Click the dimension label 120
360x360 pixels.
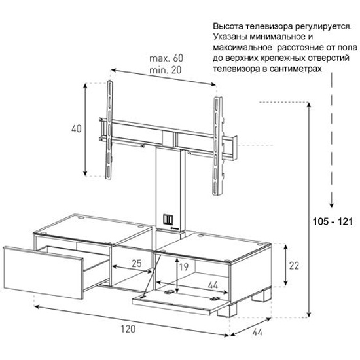(x=128, y=329)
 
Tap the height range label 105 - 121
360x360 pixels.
(x=333, y=221)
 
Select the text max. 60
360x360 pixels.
(x=166, y=58)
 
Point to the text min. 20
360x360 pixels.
(x=166, y=70)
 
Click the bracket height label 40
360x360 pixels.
(x=77, y=128)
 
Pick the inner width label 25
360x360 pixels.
(x=137, y=263)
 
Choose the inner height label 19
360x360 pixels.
(x=184, y=267)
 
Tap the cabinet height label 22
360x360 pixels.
(x=294, y=266)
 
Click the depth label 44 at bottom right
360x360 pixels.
(x=257, y=332)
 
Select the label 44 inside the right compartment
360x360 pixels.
(x=213, y=285)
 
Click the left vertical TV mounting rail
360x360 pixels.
(x=109, y=130)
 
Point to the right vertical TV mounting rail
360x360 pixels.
(x=217, y=147)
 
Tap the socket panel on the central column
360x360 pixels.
(x=168, y=219)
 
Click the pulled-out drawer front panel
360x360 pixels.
(x=43, y=273)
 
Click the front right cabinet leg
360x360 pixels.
(x=226, y=310)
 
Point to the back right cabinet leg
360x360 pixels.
(x=262, y=295)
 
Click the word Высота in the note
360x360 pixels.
(x=228, y=26)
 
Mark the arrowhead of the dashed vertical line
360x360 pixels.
(x=331, y=204)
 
